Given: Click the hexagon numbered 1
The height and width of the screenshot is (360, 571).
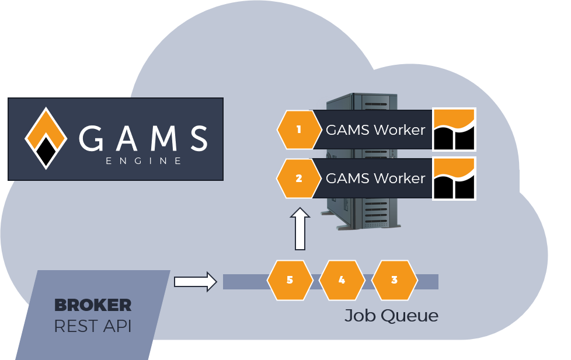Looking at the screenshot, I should click(x=299, y=130).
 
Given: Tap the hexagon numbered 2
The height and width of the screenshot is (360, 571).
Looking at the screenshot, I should click(x=299, y=179).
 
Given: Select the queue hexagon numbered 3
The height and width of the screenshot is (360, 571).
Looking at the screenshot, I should click(x=394, y=280).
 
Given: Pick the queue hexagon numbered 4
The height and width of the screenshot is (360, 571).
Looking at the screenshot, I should click(x=342, y=280).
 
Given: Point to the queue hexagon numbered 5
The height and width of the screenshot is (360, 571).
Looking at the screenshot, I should click(x=290, y=280).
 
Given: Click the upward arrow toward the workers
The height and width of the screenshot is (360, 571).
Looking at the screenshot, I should click(x=300, y=229).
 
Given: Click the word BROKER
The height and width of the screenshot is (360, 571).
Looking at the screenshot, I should click(x=92, y=305).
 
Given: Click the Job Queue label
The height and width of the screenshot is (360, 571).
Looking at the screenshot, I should click(x=391, y=316).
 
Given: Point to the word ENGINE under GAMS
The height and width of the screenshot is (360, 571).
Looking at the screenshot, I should click(x=144, y=160).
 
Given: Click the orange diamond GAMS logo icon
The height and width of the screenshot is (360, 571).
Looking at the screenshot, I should click(x=45, y=138).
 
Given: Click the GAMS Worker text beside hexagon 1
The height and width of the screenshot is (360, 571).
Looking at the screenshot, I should click(x=375, y=130).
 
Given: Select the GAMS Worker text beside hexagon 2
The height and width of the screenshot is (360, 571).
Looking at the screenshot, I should click(x=375, y=178).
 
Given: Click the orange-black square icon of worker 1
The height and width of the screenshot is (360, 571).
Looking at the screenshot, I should click(x=454, y=130).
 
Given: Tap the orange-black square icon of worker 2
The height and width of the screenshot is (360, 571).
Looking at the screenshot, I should click(x=454, y=179).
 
